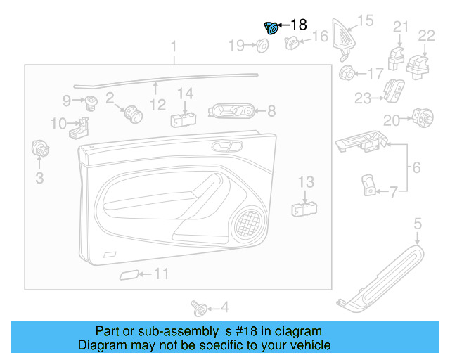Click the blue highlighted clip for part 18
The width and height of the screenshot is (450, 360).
pos(271,27)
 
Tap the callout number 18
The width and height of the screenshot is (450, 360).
pos(298,25)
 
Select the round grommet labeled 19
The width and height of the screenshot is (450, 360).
pos(262,46)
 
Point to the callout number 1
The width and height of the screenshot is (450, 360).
pos(174,47)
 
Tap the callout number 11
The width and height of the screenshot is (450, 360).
pos(162,274)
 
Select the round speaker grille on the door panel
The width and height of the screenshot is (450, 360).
pos(247,224)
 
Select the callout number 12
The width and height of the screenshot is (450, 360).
pos(157,105)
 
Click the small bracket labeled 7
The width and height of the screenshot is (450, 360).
pos(367,185)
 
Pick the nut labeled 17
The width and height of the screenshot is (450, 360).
pos(347,72)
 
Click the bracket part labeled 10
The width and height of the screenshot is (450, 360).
pos(82,127)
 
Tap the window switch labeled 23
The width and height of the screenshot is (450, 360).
pos(391,90)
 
